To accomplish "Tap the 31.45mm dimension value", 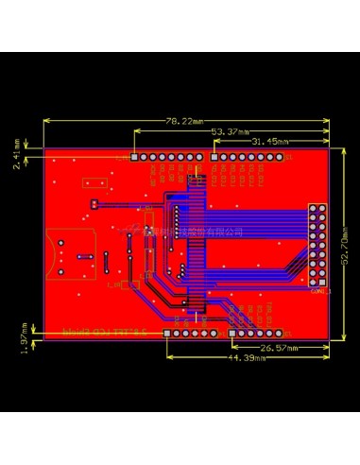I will (x=270, y=141).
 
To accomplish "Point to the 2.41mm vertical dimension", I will (x=16, y=152).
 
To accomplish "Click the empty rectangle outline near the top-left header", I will (x=93, y=182).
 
